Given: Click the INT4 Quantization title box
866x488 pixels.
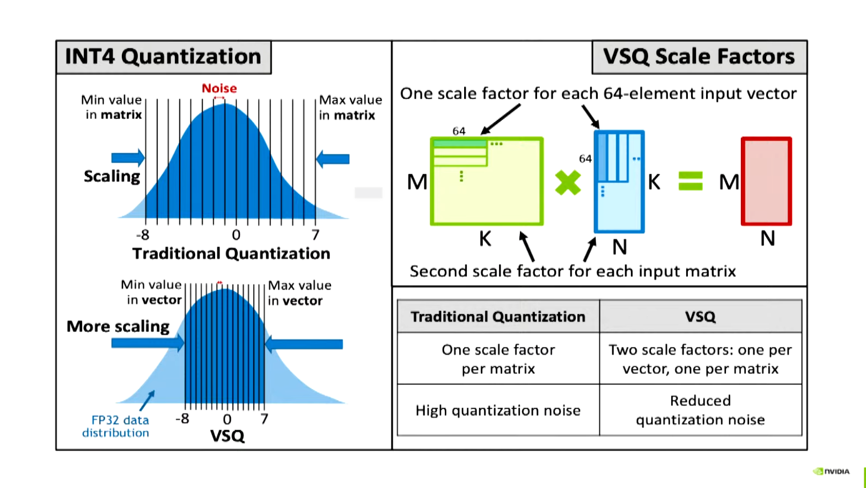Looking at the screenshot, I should point(163,57).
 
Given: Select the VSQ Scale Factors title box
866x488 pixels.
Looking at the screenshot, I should point(699,57).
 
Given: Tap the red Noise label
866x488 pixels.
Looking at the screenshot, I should point(219,88).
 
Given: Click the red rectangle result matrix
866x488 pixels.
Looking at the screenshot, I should point(766,181).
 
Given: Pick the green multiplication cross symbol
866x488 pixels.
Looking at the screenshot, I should point(568,182).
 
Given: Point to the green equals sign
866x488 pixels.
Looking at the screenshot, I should point(690,181).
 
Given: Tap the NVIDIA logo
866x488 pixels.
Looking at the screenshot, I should point(831,471).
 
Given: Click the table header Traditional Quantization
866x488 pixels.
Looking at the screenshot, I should point(498,316).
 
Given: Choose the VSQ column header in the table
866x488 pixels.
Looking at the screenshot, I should point(700,316).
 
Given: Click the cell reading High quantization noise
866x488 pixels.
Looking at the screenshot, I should point(498,410).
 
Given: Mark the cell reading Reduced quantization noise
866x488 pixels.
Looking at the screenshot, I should point(700,410).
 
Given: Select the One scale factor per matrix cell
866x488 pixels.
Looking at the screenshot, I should point(498,359).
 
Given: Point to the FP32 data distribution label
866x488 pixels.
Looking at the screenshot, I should point(116,426).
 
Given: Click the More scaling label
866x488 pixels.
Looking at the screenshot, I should point(118,326).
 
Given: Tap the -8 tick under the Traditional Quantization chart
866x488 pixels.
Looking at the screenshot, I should point(143,235).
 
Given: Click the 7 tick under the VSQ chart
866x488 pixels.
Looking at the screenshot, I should point(264,419).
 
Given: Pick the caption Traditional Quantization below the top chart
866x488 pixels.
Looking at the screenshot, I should point(231,254).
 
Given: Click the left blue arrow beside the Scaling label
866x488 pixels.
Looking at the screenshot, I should point(128,158).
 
